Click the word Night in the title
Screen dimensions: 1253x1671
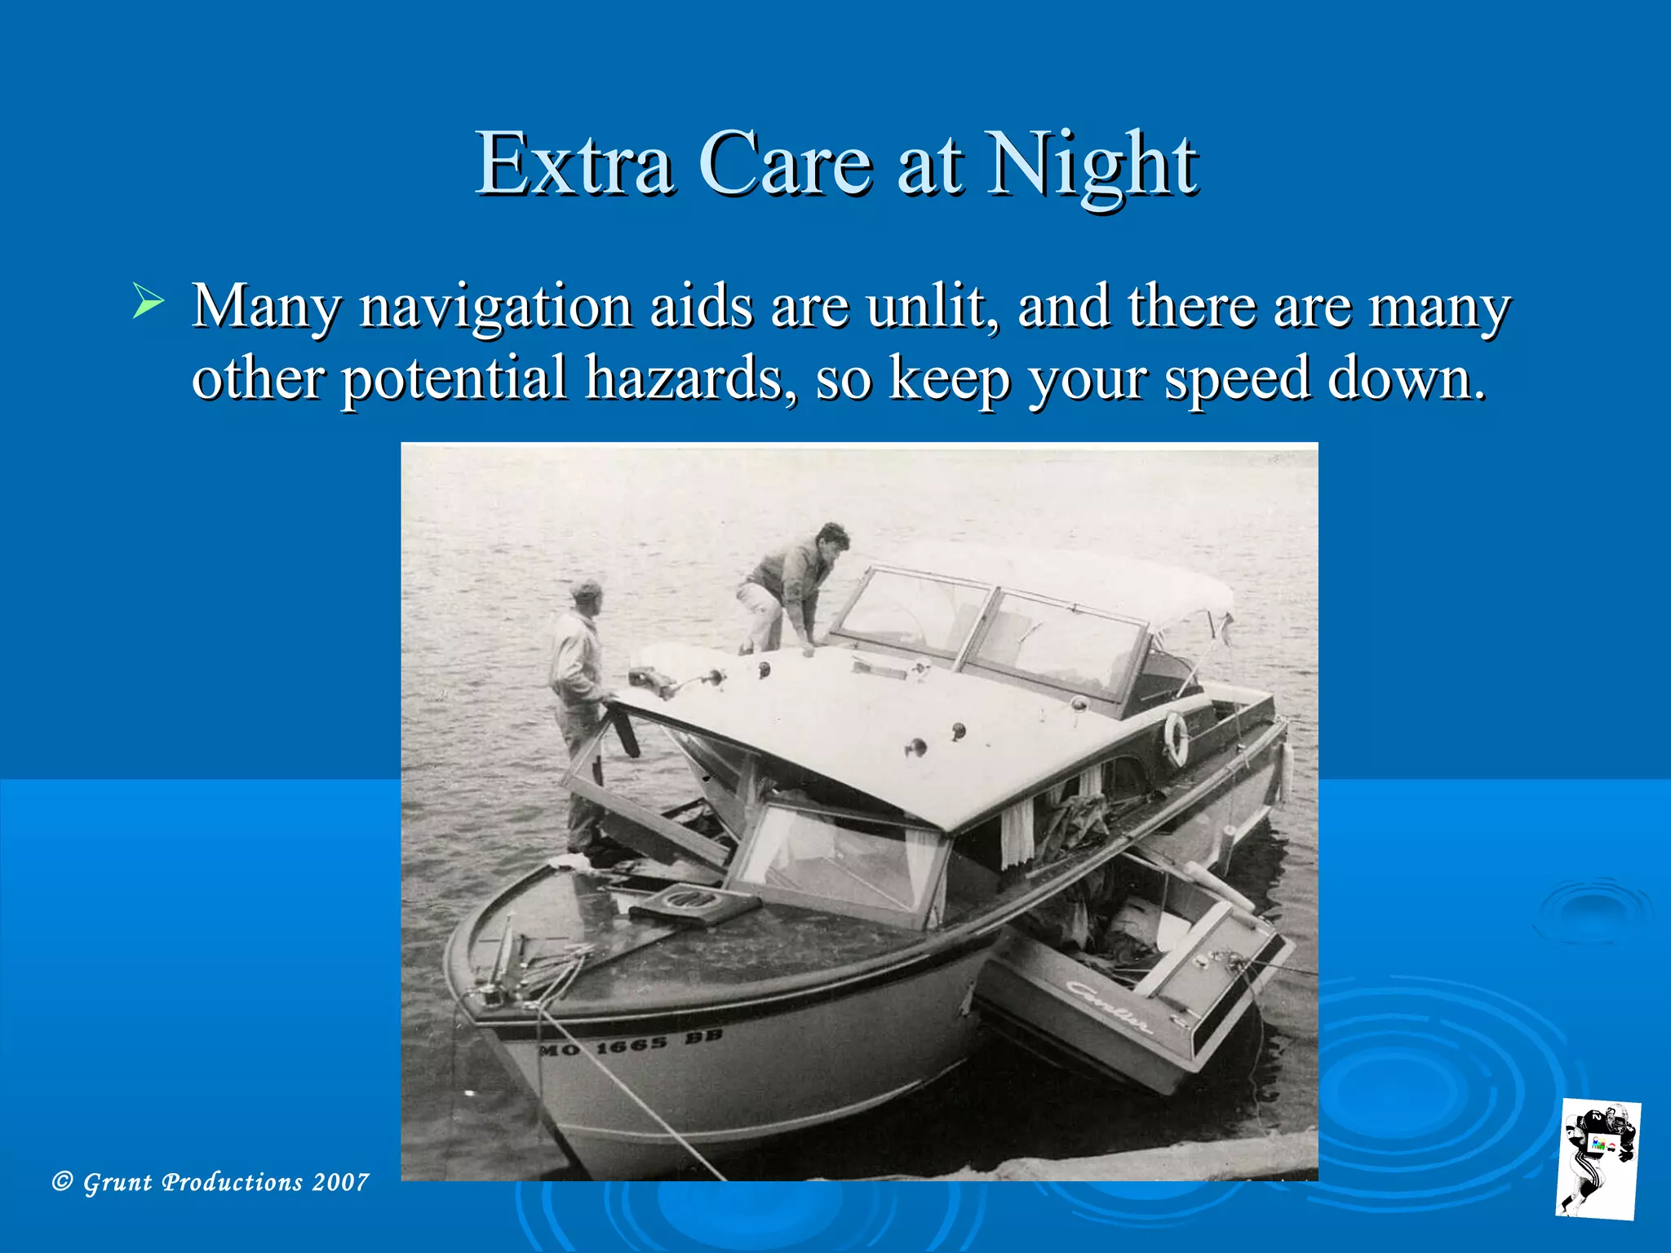coord(1092,165)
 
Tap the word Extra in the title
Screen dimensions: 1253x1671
coord(574,165)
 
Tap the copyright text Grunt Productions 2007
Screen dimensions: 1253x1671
coord(211,1182)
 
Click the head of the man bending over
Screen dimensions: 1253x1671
coord(832,538)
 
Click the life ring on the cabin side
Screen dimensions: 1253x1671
coord(1175,737)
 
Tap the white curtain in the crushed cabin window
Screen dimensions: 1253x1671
coord(1017,833)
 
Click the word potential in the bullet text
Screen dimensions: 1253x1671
coord(454,379)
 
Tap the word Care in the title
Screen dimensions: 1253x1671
coord(785,165)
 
